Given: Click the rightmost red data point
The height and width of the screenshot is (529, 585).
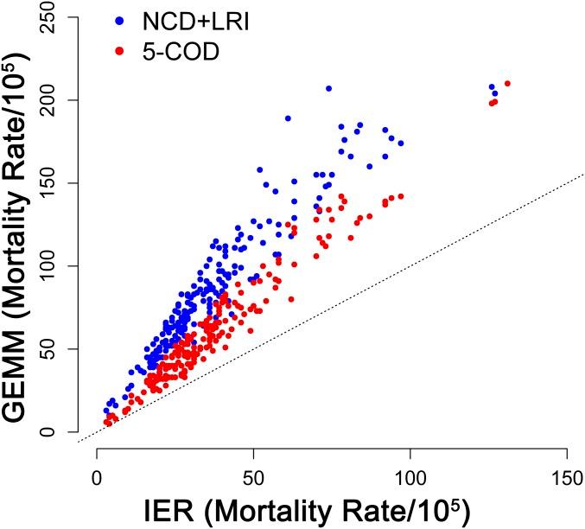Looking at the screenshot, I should tap(507, 84).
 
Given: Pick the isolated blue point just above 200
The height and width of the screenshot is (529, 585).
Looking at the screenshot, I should tap(328, 88).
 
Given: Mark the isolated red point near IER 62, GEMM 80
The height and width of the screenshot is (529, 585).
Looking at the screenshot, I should tap(291, 299).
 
